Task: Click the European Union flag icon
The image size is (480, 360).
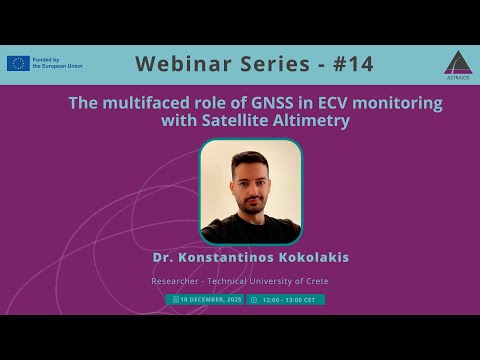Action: pyautogui.click(x=18, y=64)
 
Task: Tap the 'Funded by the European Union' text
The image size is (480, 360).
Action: pyautogui.click(x=58, y=64)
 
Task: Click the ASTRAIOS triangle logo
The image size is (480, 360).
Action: pyautogui.click(x=456, y=61)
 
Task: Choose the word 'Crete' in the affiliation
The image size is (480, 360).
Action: pyautogui.click(x=314, y=281)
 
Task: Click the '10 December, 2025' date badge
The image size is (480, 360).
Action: pyautogui.click(x=208, y=299)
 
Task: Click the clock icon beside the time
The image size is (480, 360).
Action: pyautogui.click(x=254, y=299)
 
